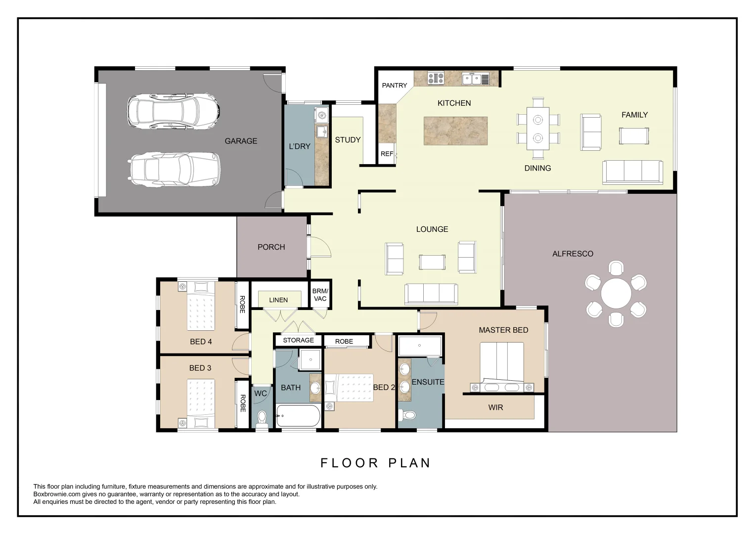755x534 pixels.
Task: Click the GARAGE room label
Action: (241, 141)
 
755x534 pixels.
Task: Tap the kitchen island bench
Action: (455, 131)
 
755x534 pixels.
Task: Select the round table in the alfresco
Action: (616, 294)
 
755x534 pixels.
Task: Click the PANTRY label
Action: (395, 86)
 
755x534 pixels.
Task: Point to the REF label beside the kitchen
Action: (387, 154)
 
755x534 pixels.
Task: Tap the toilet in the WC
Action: (262, 418)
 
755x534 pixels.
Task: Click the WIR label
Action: (495, 407)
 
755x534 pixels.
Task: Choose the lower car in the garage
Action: (174, 170)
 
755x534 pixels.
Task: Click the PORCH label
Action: (271, 247)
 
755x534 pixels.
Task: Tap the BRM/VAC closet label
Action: (320, 295)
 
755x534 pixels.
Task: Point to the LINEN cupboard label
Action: (278, 300)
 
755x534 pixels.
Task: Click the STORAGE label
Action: (298, 340)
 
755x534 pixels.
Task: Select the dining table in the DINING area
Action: (537, 129)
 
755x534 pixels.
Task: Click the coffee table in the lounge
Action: (432, 262)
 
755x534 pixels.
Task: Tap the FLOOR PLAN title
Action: (376, 463)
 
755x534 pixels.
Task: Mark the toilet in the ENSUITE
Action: (408, 416)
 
